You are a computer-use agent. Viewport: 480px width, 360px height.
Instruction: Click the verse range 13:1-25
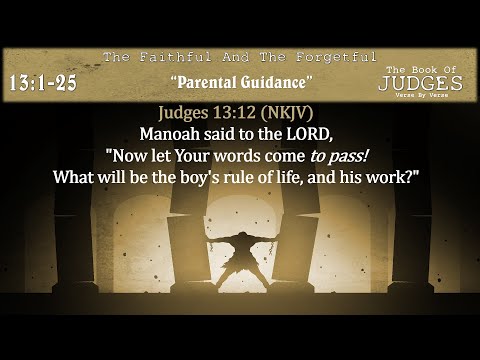[44, 83]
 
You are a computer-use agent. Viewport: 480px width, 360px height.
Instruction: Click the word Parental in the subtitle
[207, 79]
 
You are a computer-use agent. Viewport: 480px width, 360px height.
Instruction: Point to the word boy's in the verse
[214, 176]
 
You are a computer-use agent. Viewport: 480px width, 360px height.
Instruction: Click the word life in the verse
[306, 176]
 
